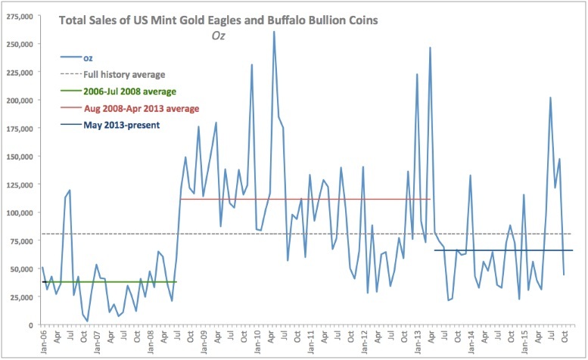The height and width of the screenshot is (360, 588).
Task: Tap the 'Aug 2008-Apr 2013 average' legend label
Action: pos(141,108)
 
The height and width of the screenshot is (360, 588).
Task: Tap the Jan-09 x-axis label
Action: pos(204,341)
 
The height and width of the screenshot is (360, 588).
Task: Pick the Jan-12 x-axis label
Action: pos(366,341)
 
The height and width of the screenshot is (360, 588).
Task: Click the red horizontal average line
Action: pos(303,199)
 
